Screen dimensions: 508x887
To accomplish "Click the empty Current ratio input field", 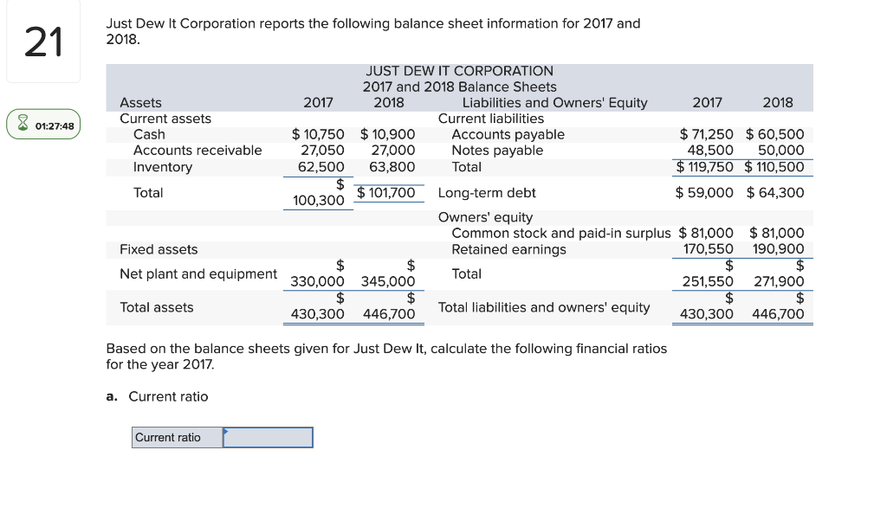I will click(x=268, y=438).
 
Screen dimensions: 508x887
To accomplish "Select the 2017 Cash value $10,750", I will click(x=318, y=134).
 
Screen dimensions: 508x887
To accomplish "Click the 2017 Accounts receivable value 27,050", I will click(x=318, y=151).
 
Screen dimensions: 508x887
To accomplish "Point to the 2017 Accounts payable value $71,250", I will click(x=706, y=134).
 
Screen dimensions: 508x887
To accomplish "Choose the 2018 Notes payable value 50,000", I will click(x=780, y=151).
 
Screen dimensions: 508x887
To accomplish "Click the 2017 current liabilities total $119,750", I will click(x=705, y=166).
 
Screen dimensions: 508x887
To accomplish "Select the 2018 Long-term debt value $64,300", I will click(x=775, y=192).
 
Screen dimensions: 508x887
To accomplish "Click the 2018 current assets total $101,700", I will click(x=386, y=192).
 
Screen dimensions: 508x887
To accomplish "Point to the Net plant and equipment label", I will click(x=198, y=273).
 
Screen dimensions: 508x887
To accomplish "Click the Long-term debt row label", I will click(x=487, y=192).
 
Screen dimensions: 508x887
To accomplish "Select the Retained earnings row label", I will click(x=508, y=249).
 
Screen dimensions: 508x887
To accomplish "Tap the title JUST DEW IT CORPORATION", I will click(x=459, y=71).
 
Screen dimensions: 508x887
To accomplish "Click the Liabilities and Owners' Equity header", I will click(x=554, y=103).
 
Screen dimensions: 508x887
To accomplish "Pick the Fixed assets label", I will click(x=159, y=249).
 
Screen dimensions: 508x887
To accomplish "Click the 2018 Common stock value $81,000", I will click(x=776, y=233).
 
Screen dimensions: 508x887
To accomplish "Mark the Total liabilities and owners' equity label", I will click(x=544, y=307).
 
